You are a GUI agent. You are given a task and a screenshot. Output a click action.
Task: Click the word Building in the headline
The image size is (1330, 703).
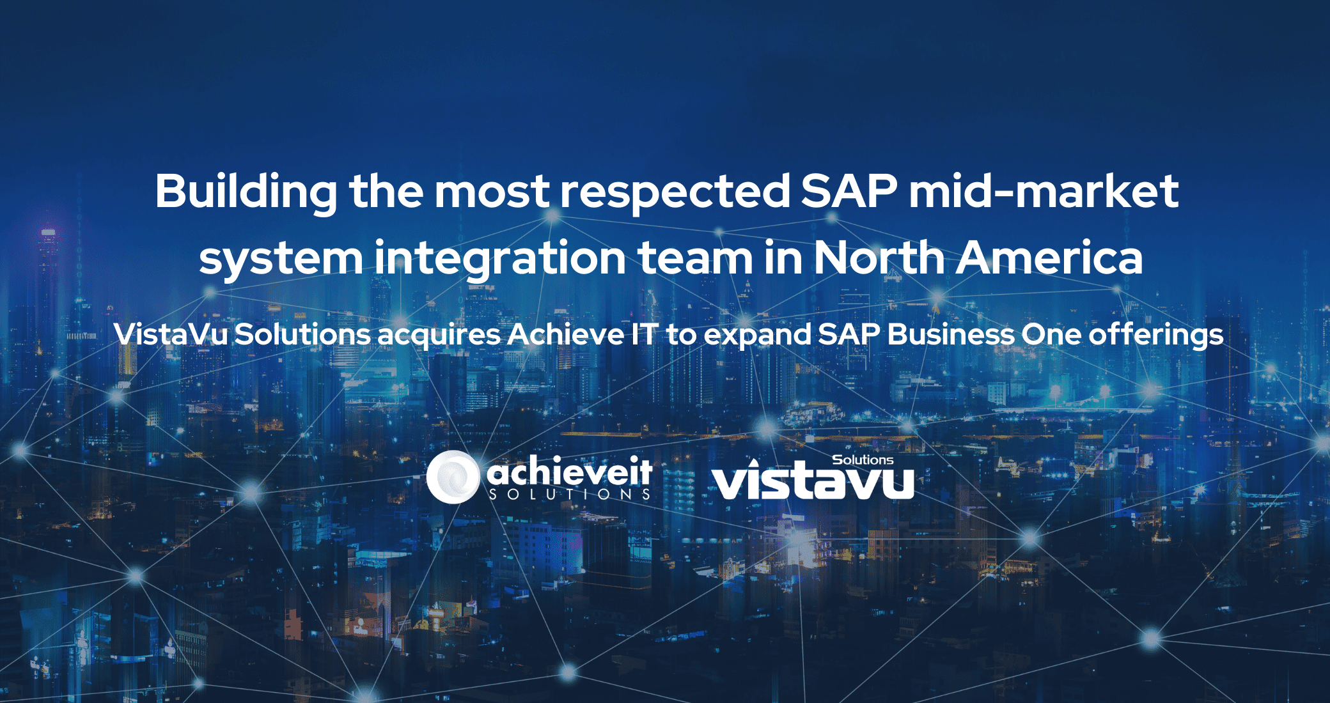(246, 192)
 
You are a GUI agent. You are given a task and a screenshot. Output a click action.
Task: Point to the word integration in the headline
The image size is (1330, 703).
(500, 259)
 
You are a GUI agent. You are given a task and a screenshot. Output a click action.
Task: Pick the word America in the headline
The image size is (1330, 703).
(1050, 258)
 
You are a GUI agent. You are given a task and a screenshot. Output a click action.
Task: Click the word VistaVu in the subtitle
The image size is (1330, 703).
(171, 334)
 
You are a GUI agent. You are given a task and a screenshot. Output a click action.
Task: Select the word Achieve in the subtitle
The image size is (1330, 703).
(565, 334)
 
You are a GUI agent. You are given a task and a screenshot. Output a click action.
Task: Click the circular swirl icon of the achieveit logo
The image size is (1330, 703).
(453, 477)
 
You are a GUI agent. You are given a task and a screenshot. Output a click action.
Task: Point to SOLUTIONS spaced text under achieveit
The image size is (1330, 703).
(570, 494)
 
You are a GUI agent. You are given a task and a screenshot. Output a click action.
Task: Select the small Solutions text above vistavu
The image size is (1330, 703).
(863, 460)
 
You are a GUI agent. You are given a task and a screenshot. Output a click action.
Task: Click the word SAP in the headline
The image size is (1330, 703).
(849, 191)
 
